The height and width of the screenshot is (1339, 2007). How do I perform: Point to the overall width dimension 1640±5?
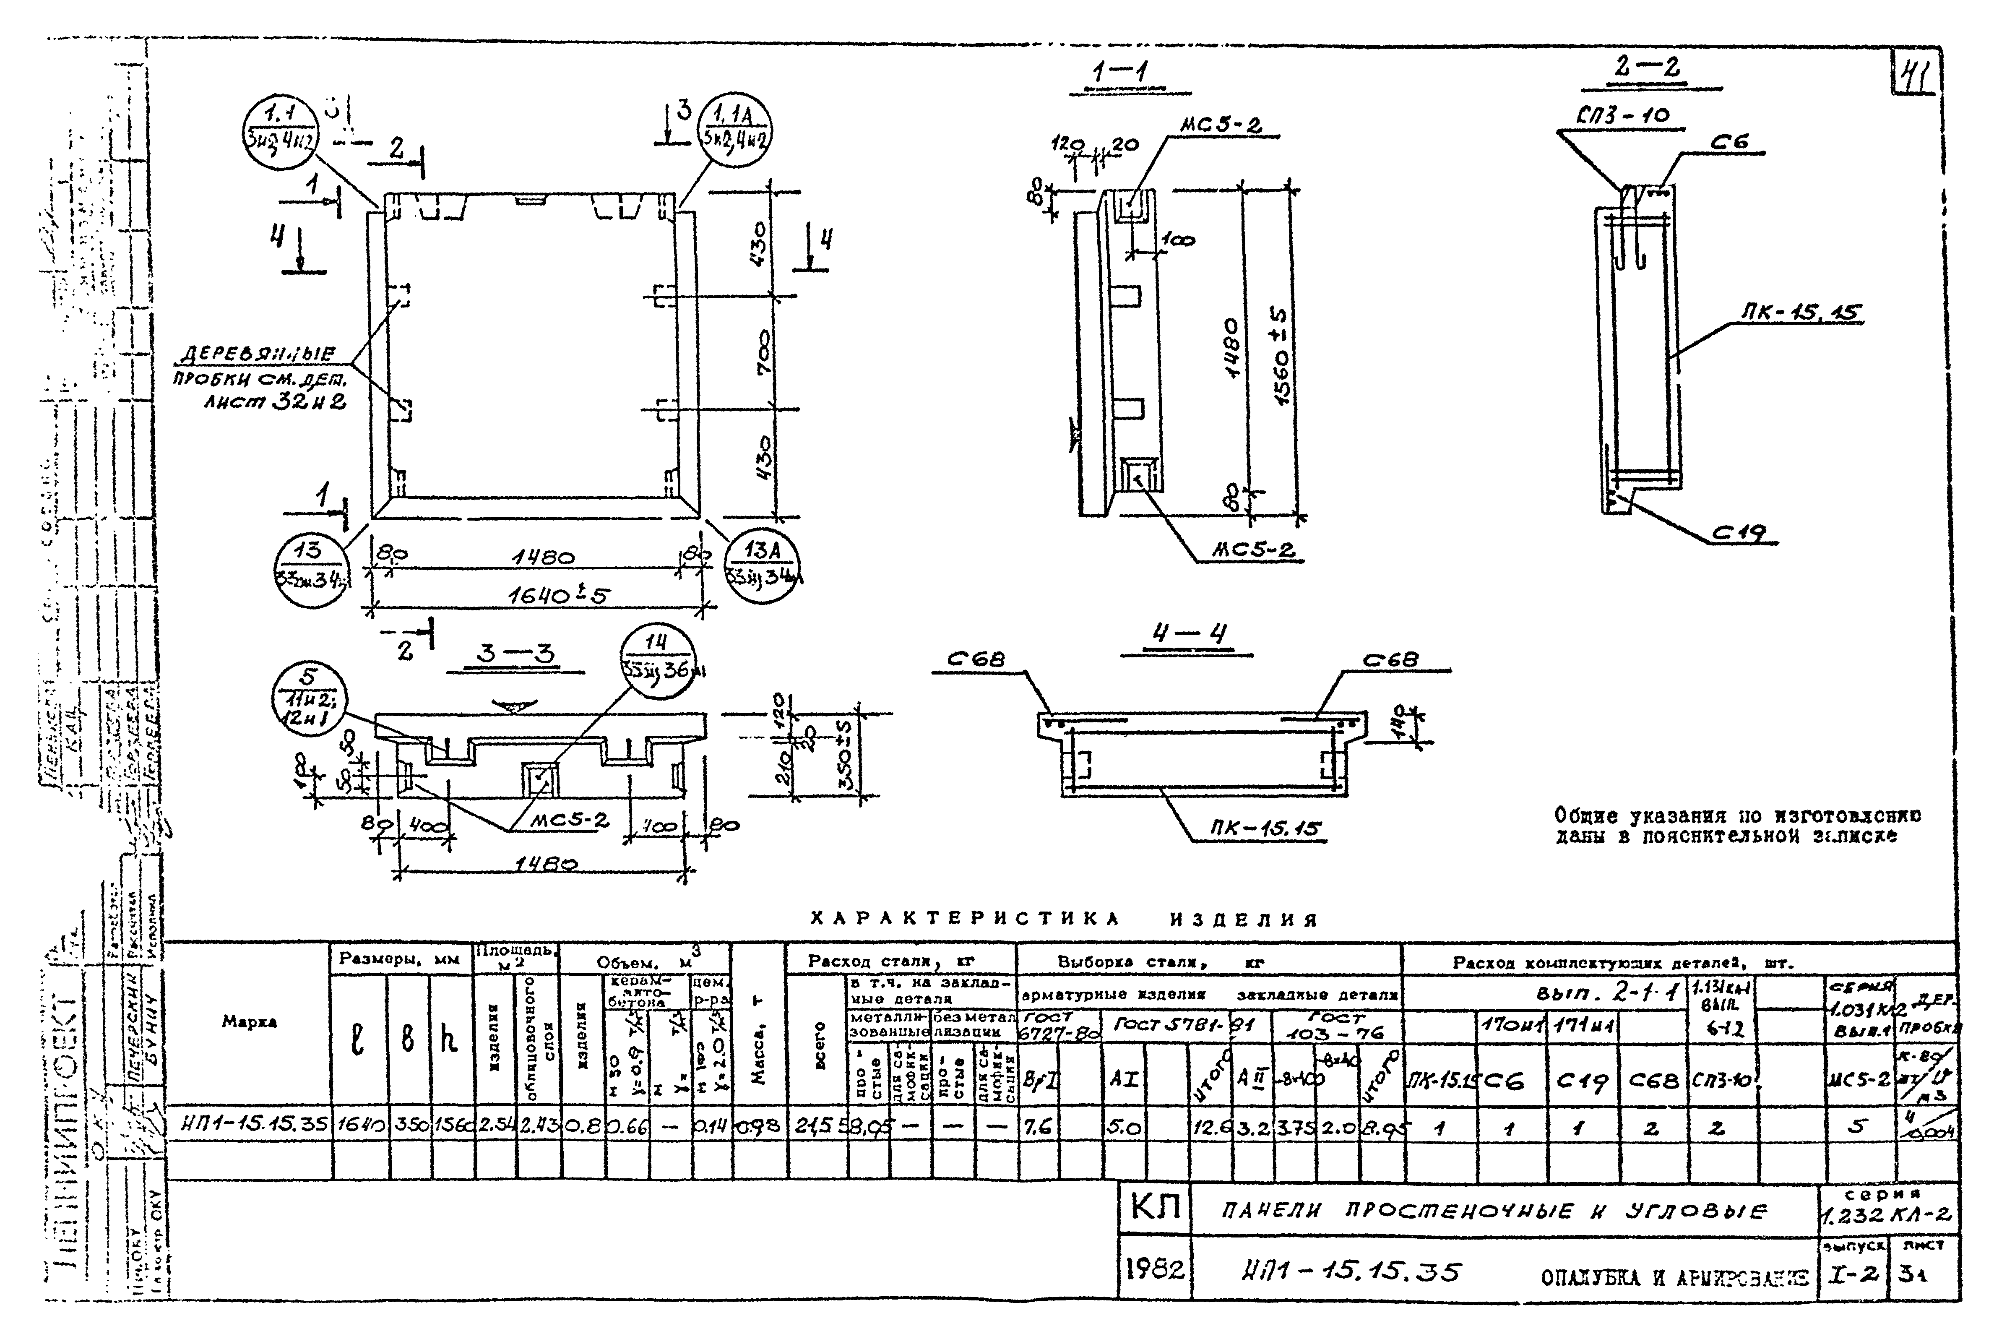pos(559,595)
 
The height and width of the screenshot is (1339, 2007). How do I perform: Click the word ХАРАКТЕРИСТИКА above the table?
pos(963,920)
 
